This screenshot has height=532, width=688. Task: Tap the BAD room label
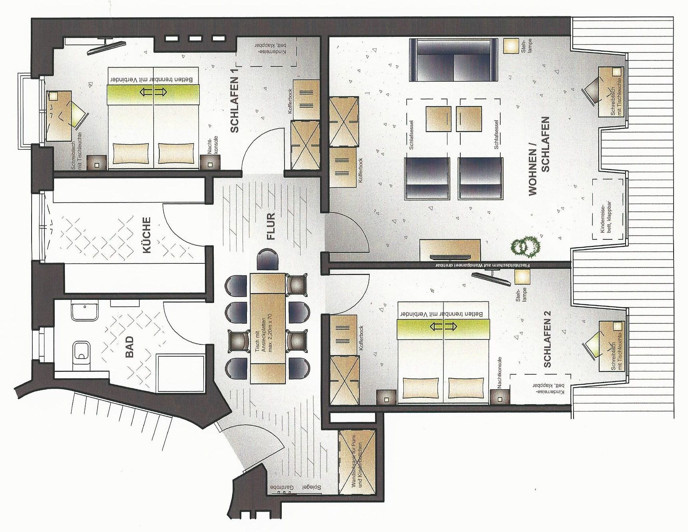(129, 347)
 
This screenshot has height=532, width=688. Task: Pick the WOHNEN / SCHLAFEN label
(539, 156)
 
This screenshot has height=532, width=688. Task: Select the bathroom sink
(84, 312)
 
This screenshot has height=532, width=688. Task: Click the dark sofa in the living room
(454, 60)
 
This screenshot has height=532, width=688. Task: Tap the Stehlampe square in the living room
(511, 45)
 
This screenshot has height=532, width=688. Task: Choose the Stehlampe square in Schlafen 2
(522, 277)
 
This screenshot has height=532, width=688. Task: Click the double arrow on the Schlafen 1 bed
(153, 92)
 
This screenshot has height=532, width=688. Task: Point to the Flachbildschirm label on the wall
(480, 265)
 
